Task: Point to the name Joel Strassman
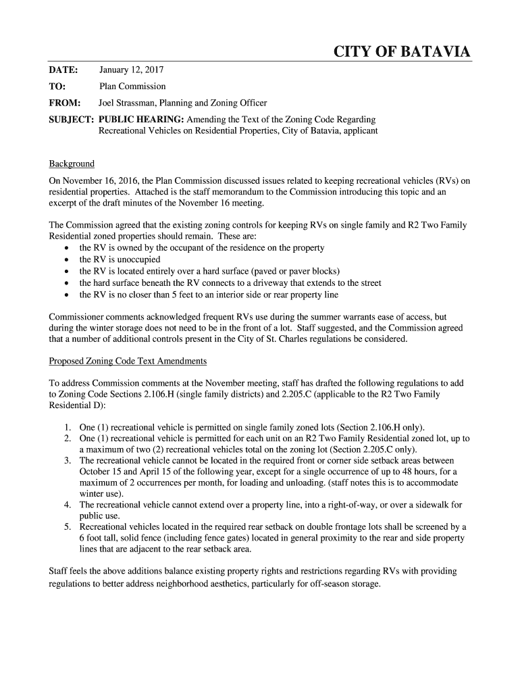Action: [128, 103]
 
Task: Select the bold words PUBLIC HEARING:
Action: [141, 120]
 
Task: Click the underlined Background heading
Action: [72, 164]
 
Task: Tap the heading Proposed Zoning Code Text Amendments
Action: [128, 361]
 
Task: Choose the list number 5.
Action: [68, 526]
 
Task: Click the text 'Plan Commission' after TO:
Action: [132, 86]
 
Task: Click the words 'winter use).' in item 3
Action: [101, 494]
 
